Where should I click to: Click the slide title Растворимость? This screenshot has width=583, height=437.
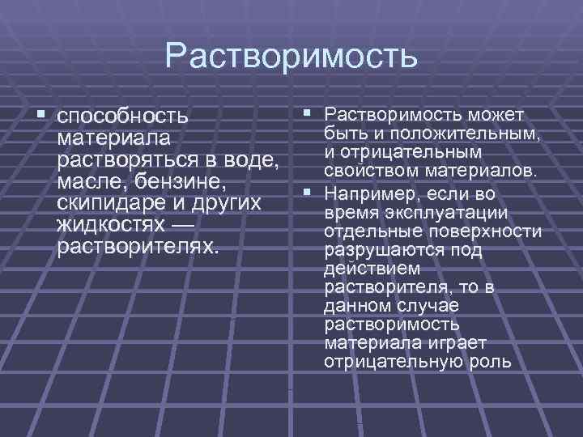tap(291, 55)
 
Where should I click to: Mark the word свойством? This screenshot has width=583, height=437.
tap(368, 171)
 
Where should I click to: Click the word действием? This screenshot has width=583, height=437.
tap(361, 269)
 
